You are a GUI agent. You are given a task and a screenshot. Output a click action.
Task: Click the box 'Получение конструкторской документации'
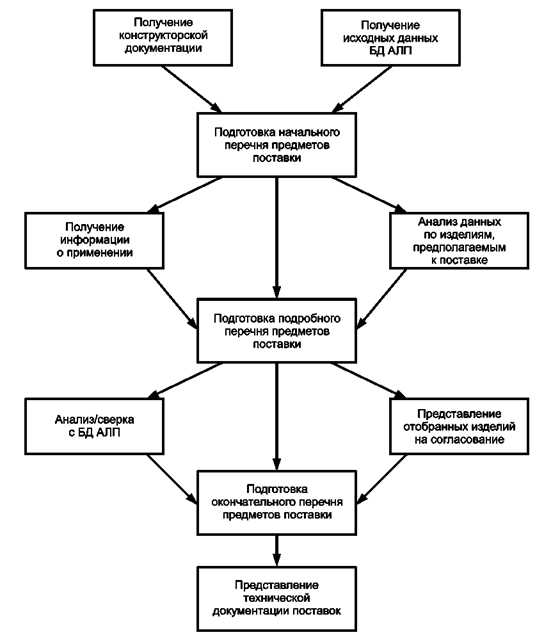tap(163, 38)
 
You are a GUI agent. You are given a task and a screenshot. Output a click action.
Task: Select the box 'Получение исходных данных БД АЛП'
tap(390, 38)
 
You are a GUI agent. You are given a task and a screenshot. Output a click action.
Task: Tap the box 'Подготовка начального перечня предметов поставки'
tap(277, 145)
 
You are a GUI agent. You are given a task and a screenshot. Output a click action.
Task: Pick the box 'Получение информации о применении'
tap(94, 240)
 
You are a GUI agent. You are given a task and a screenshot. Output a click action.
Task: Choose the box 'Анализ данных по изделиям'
tap(459, 240)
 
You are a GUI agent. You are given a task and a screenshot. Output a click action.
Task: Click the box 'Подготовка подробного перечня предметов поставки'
tap(277, 331)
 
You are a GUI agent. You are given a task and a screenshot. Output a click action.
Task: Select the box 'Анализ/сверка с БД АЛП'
tap(94, 426)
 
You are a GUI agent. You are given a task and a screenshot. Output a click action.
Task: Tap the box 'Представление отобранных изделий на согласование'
tap(459, 426)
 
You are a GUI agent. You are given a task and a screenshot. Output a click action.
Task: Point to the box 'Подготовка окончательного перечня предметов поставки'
tap(277, 503)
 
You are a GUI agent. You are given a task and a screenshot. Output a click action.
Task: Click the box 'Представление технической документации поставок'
tap(277, 599)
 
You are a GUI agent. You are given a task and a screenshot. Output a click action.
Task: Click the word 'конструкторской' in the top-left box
tap(163, 36)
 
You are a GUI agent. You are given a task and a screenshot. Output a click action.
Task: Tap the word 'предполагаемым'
tap(459, 247)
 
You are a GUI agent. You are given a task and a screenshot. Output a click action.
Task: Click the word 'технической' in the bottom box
tap(277, 598)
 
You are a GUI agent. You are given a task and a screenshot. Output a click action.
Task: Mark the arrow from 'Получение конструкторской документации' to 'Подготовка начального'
tap(191, 89)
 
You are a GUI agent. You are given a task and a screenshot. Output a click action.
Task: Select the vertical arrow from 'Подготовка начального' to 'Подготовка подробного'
tap(277, 238)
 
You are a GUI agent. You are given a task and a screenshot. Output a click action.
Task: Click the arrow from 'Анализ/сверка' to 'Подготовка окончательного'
tap(171, 479)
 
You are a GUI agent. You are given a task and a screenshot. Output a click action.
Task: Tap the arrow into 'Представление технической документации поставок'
tap(277, 551)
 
